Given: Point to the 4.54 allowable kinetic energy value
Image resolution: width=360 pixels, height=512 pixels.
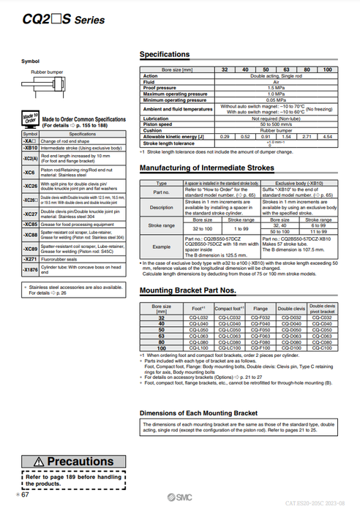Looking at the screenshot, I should pos(327,137).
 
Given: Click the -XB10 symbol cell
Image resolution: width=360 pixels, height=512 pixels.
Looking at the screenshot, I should pos(30,148).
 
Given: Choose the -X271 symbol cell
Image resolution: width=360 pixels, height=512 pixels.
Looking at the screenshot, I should pos(30,260).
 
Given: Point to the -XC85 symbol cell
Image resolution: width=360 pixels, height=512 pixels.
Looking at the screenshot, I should pos(30,224).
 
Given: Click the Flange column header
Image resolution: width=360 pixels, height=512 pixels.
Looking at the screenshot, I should pos(261,309).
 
